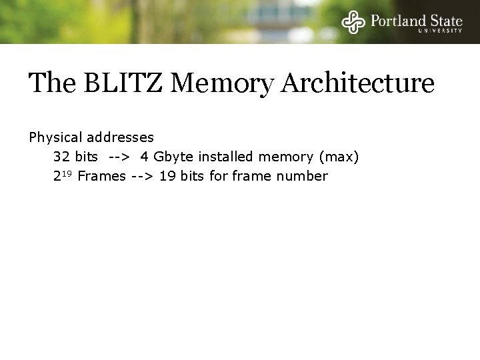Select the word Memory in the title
point(208,85)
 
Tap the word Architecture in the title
point(358,83)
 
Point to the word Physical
point(55,138)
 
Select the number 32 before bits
point(61,157)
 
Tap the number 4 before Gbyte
point(144,157)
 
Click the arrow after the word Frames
point(141,177)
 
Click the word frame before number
point(255,177)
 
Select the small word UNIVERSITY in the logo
point(440,30)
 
